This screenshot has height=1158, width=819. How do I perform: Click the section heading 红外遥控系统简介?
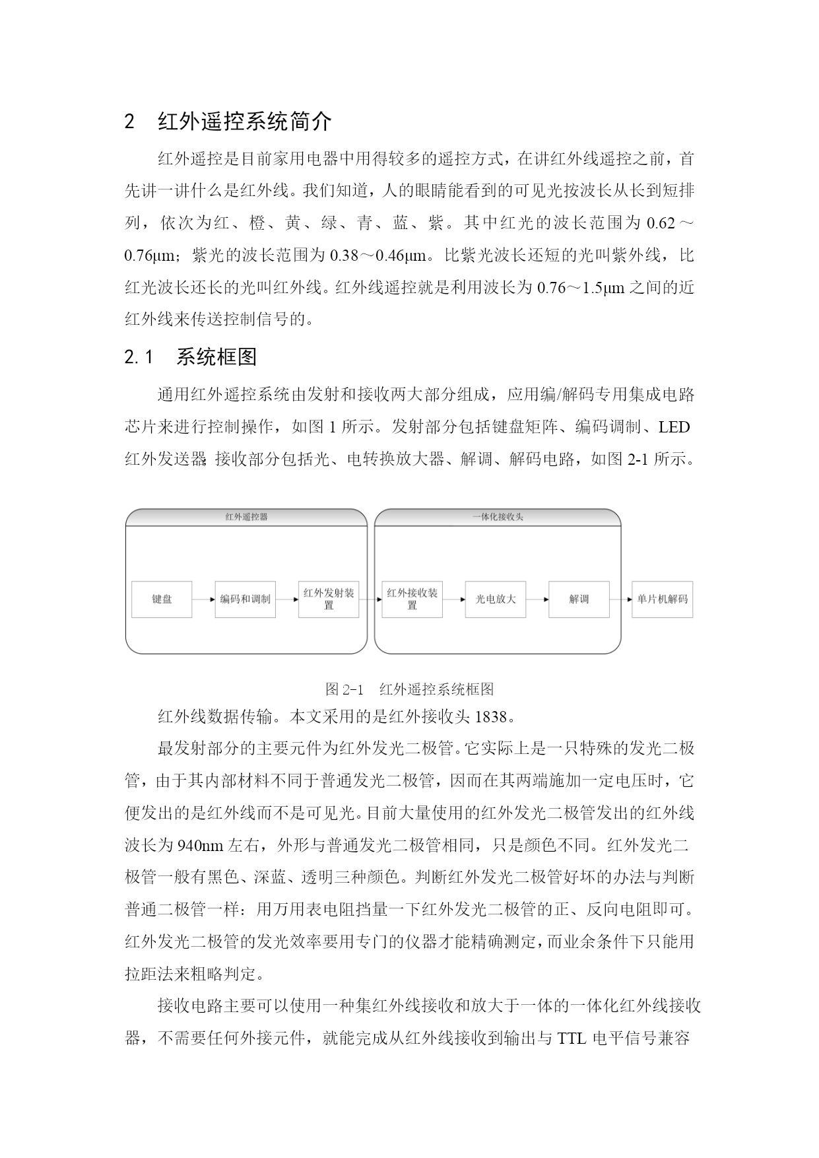244,121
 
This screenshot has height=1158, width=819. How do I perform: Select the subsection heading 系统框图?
216,357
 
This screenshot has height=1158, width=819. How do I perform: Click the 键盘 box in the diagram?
162,599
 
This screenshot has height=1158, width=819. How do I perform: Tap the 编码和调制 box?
245,599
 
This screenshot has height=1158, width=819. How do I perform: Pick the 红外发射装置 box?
329,599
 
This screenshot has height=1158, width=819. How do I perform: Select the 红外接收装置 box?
412,599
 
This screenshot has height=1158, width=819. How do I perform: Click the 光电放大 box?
496,599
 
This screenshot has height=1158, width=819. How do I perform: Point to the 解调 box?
579,599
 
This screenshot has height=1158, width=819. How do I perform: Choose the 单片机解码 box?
662,599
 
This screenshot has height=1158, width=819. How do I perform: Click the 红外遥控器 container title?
246,517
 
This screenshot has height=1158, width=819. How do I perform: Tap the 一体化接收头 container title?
498,517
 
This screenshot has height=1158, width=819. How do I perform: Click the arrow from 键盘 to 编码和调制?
203,599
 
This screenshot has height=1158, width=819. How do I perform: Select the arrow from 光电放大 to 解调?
537,599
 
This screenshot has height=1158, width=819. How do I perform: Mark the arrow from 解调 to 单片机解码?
620,599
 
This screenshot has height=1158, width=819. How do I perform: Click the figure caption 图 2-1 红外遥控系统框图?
409,689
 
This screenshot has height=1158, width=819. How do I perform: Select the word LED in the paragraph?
674,427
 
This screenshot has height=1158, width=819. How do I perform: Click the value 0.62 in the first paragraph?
661,223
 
